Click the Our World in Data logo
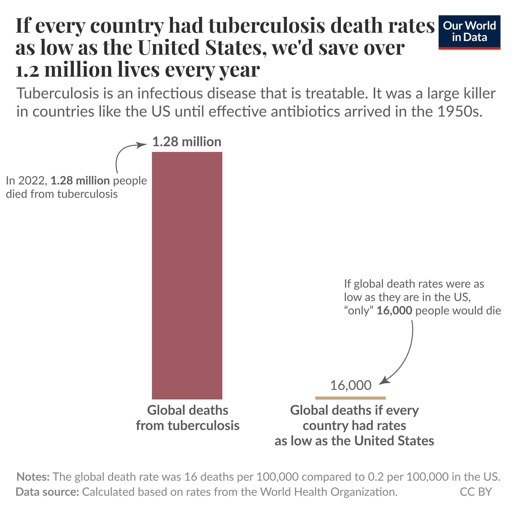(469, 32)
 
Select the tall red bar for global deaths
(187, 276)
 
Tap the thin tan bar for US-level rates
(350, 398)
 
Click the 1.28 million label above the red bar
(187, 142)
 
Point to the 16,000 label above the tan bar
(350, 385)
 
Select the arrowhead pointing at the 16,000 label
(384, 381)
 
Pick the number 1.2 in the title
(27, 70)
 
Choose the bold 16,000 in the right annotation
(394, 311)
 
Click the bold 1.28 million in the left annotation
(80, 181)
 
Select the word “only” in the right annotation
(358, 311)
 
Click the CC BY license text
(476, 492)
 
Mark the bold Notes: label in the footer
(33, 477)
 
